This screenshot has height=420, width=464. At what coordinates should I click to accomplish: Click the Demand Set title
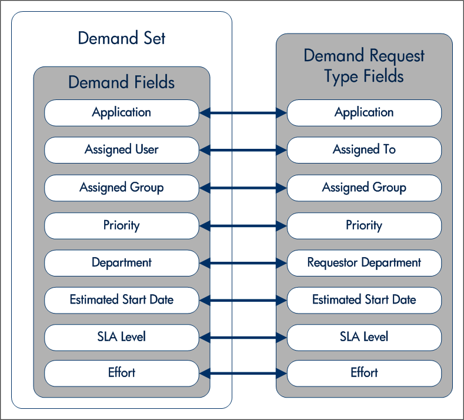pyautogui.click(x=122, y=39)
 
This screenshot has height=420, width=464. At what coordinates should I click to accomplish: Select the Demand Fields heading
pyautogui.click(x=122, y=82)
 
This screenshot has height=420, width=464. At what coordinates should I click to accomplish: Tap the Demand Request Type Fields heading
pyautogui.click(x=364, y=66)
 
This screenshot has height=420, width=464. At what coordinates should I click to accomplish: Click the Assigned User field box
pyautogui.click(x=122, y=150)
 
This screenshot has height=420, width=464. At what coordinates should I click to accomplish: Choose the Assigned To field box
pyautogui.click(x=364, y=150)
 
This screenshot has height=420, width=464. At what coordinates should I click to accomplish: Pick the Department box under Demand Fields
pyautogui.click(x=122, y=263)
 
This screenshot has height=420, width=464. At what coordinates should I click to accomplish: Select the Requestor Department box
pyautogui.click(x=364, y=263)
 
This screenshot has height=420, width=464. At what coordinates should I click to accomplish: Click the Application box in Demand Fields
pyautogui.click(x=122, y=112)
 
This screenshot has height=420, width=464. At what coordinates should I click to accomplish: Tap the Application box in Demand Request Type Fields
pyautogui.click(x=364, y=112)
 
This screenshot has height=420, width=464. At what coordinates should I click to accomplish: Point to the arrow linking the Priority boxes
pyautogui.click(x=243, y=226)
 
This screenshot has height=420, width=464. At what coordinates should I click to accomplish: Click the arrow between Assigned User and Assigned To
pyautogui.click(x=243, y=151)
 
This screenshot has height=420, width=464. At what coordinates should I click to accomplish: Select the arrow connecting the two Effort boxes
pyautogui.click(x=243, y=373)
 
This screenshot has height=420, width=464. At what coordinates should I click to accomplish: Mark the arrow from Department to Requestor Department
pyautogui.click(x=243, y=264)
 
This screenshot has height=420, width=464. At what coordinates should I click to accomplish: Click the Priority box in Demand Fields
pyautogui.click(x=122, y=225)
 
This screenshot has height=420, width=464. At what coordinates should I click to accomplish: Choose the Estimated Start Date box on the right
pyautogui.click(x=364, y=300)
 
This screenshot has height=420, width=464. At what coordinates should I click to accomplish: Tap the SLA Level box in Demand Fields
pyautogui.click(x=122, y=337)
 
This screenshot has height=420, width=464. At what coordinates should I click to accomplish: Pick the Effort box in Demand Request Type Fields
pyautogui.click(x=364, y=372)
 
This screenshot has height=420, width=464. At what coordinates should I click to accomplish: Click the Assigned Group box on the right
pyautogui.click(x=364, y=188)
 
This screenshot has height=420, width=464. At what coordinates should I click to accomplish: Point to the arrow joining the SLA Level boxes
pyautogui.click(x=243, y=338)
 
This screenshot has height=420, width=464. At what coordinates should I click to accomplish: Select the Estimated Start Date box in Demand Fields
pyautogui.click(x=122, y=300)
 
